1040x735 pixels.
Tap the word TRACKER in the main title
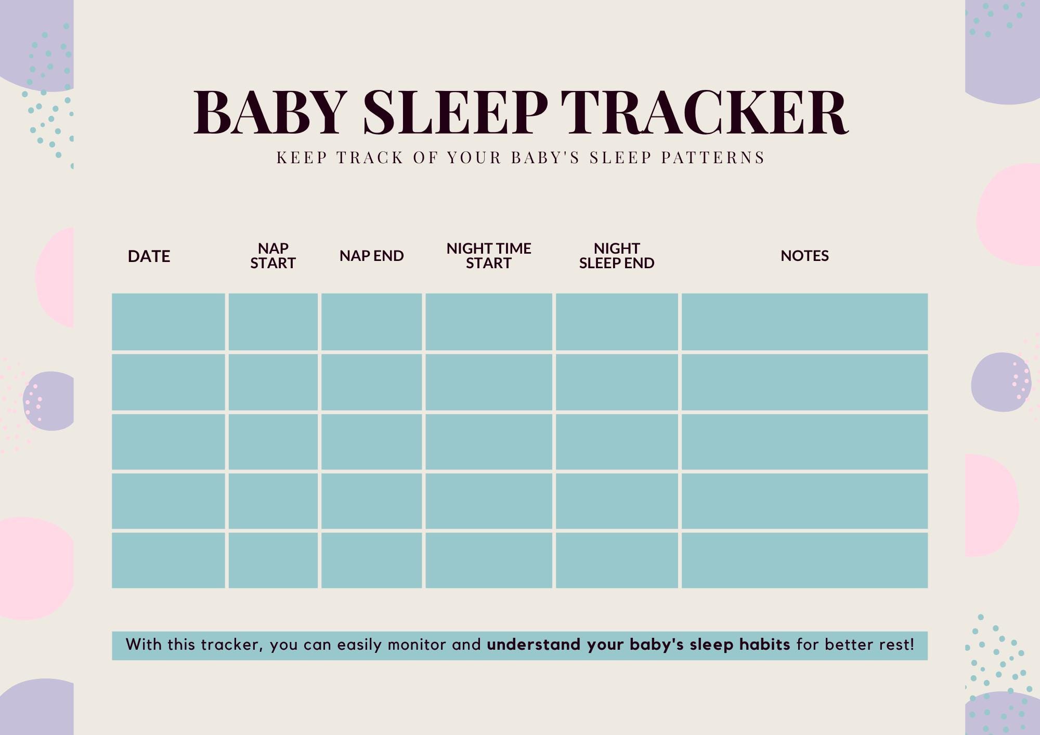pyautogui.click(x=704, y=112)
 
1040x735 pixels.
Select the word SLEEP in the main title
pyautogui.click(x=455, y=112)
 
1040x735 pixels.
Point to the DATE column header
pyautogui.click(x=149, y=256)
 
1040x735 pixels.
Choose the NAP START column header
pyautogui.click(x=273, y=256)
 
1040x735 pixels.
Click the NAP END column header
pyautogui.click(x=371, y=256)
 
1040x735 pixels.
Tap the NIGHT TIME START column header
pyautogui.click(x=488, y=256)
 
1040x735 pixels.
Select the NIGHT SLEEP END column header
pyautogui.click(x=617, y=256)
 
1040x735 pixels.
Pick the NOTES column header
pyautogui.click(x=804, y=256)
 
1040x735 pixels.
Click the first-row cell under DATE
pyautogui.click(x=168, y=322)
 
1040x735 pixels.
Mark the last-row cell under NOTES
pyautogui.click(x=804, y=560)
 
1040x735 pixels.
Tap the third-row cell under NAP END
pyautogui.click(x=371, y=441)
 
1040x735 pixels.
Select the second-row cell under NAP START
pyautogui.click(x=273, y=382)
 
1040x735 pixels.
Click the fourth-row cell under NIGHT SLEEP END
pyautogui.click(x=617, y=501)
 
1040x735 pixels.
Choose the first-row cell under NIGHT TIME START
pyautogui.click(x=489, y=322)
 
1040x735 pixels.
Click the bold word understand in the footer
pyautogui.click(x=534, y=645)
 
